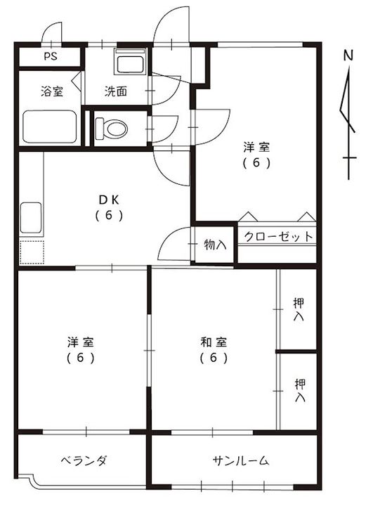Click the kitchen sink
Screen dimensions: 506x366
tap(32, 219)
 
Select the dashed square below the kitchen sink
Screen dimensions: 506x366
tap(32, 252)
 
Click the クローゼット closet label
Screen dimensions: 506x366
tap(278, 237)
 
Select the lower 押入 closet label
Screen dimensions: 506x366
tap(300, 390)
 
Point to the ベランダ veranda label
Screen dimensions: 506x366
tap(83, 461)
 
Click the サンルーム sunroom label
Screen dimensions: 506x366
tap(241, 461)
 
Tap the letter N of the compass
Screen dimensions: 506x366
tap(348, 54)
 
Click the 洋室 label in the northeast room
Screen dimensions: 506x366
tap(256, 148)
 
